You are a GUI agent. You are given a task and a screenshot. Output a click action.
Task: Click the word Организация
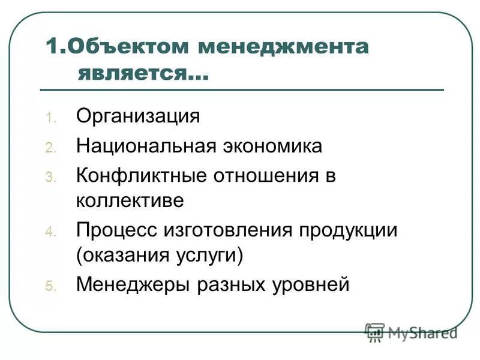pos(137,115)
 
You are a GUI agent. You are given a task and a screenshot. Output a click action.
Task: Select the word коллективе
pos(130,200)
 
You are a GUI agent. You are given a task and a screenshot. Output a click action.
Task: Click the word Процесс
pos(114,230)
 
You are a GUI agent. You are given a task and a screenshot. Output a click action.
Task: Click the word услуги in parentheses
pos(211,255)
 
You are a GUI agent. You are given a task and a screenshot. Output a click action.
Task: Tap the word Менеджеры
pos(131,284)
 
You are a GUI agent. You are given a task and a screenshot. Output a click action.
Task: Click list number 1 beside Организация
pos(50,117)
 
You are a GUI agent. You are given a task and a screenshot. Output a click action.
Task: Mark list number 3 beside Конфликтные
pos(50,178)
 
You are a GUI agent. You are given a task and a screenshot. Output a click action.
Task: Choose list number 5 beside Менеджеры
pos(50,286)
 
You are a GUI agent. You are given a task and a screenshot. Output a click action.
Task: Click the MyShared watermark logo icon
pos(375,332)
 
